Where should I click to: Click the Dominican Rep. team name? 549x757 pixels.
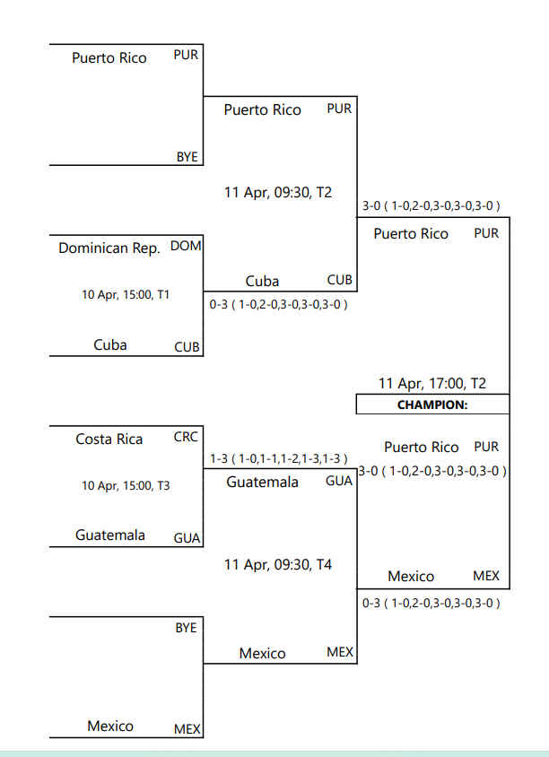pos(109,248)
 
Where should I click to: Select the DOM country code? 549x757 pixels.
pos(186,247)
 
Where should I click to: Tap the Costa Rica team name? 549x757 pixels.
pos(109,439)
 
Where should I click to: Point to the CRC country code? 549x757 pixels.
pos(186,437)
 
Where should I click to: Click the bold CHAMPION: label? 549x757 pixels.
pos(432,405)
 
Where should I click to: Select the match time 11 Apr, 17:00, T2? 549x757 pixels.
pos(432,383)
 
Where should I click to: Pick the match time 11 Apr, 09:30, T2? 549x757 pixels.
pos(277,193)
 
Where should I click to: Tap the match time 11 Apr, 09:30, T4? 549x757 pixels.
pos(277,564)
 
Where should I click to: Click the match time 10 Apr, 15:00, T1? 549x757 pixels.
pos(126,294)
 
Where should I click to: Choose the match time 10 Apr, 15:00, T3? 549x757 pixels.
pos(126,485)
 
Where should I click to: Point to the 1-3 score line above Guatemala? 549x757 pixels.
pos(279,458)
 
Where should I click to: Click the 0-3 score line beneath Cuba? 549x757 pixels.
pos(279,304)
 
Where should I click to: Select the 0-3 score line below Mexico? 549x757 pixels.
pos(431,603)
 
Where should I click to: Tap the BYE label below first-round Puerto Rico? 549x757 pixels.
pos(187,157)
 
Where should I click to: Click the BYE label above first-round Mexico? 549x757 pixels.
pos(186,628)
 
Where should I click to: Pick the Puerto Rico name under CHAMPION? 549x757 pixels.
pos(421,447)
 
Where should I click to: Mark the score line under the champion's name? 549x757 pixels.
pos(432,471)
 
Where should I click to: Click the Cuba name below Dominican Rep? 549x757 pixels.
pos(110,344)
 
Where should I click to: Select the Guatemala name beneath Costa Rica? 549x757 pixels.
pos(110,535)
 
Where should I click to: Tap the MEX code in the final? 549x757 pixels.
pos(486,576)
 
